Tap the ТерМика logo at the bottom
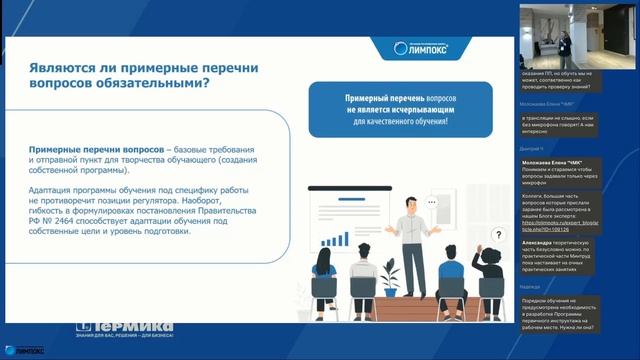[125, 327]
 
